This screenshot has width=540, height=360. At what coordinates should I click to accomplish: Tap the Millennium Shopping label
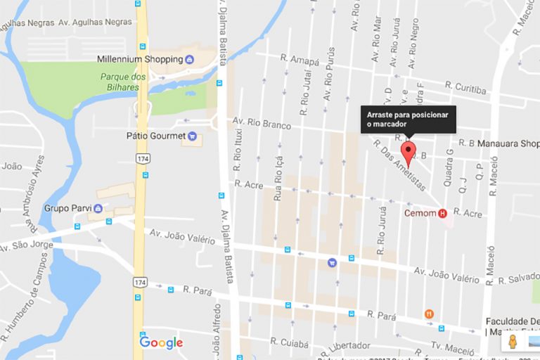click(x=140, y=60)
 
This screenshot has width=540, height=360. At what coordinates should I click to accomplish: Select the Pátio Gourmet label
click(x=155, y=135)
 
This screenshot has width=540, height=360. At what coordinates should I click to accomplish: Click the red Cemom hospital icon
click(x=442, y=213)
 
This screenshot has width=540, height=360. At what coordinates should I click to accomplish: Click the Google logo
click(x=161, y=342)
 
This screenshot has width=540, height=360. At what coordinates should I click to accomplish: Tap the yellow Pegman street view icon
click(x=512, y=342)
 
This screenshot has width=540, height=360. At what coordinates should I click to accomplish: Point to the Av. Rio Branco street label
click(x=262, y=124)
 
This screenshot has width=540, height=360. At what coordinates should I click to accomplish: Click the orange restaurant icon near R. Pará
click(x=429, y=314)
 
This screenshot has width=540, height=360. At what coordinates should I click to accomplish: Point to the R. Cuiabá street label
click(x=289, y=343)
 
